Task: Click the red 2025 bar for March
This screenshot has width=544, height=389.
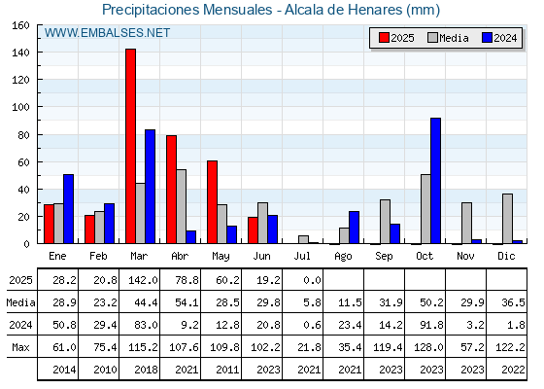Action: point(130,146)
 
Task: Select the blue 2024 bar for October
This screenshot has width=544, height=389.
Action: point(436,181)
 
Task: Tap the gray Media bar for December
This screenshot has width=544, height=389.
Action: point(507,219)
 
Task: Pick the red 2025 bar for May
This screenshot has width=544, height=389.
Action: point(212,202)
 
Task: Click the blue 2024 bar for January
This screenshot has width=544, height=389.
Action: point(68,209)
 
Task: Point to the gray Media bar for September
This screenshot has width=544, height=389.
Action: point(385,222)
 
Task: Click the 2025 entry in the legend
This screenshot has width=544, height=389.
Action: point(396,38)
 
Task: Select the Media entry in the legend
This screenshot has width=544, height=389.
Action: point(448,38)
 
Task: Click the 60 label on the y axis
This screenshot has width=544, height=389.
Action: point(24,162)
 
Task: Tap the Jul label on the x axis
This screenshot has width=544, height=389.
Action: point(302,256)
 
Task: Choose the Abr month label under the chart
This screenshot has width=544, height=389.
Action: point(180,256)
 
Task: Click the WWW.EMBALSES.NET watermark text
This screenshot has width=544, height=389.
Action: point(107,33)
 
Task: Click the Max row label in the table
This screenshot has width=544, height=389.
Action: point(20,347)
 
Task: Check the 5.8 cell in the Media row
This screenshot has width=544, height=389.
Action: point(312,302)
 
